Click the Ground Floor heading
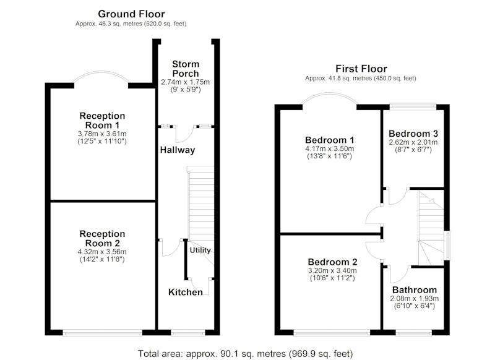[x=131, y=14]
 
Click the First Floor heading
[x=361, y=69]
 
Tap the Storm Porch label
[x=186, y=69]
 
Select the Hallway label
[x=178, y=150]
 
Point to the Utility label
[x=200, y=250]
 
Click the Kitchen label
[x=186, y=292]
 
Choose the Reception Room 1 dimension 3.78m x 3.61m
[x=102, y=134]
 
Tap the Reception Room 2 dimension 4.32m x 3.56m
[x=102, y=252]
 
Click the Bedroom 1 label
[x=330, y=140]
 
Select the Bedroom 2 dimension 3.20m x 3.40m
[x=332, y=271]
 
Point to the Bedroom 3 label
[x=413, y=134]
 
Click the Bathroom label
[x=415, y=290]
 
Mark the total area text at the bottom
[x=245, y=354]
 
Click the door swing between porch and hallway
[x=185, y=134]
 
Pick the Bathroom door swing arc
[x=400, y=275]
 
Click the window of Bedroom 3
[x=413, y=106]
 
